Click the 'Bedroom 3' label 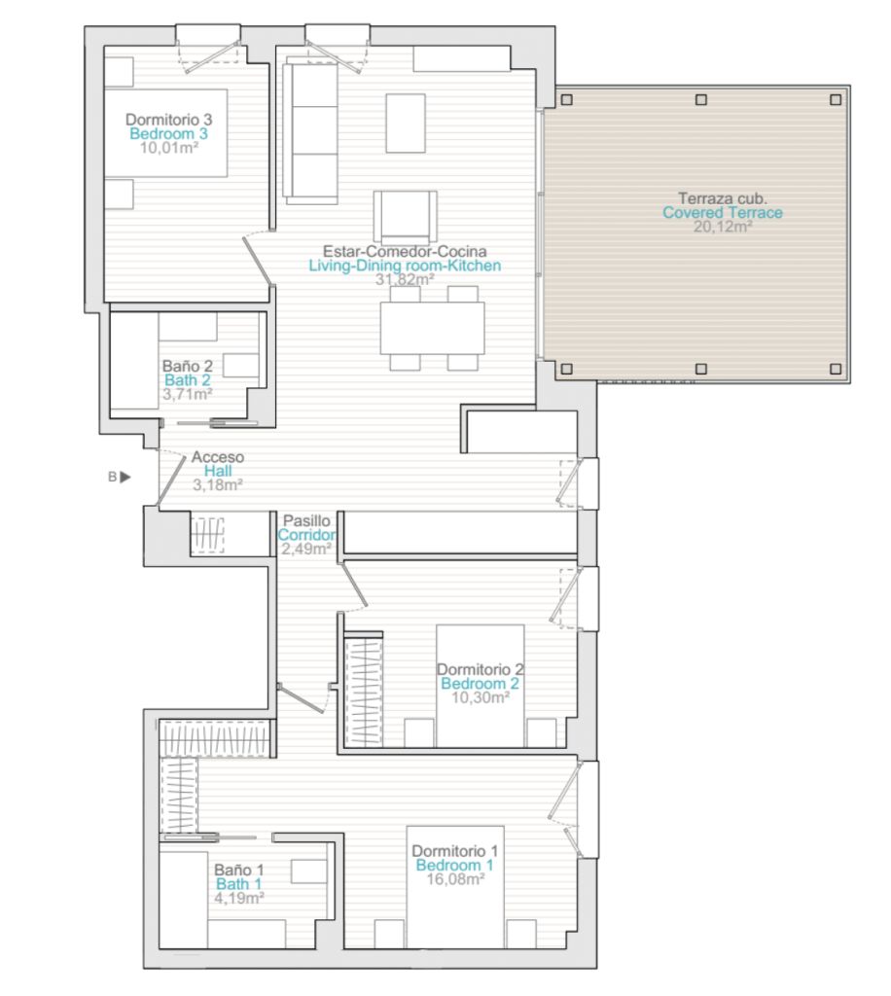pos(168,133)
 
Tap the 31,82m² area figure pos(405,279)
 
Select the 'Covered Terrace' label pos(722,213)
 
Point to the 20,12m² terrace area pos(723,227)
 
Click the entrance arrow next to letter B pos(125,477)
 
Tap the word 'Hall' pos(218,471)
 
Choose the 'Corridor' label pos(306,535)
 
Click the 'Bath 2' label pos(188,380)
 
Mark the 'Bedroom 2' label pos(480,684)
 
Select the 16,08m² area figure pos(455,879)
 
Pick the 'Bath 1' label pos(238,883)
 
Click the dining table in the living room pos(433,328)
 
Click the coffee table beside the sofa pos(406,124)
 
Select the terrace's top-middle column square pos(701,100)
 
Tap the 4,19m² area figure pos(239,898)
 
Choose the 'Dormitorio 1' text pos(454,851)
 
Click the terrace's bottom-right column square pos(836,369)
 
